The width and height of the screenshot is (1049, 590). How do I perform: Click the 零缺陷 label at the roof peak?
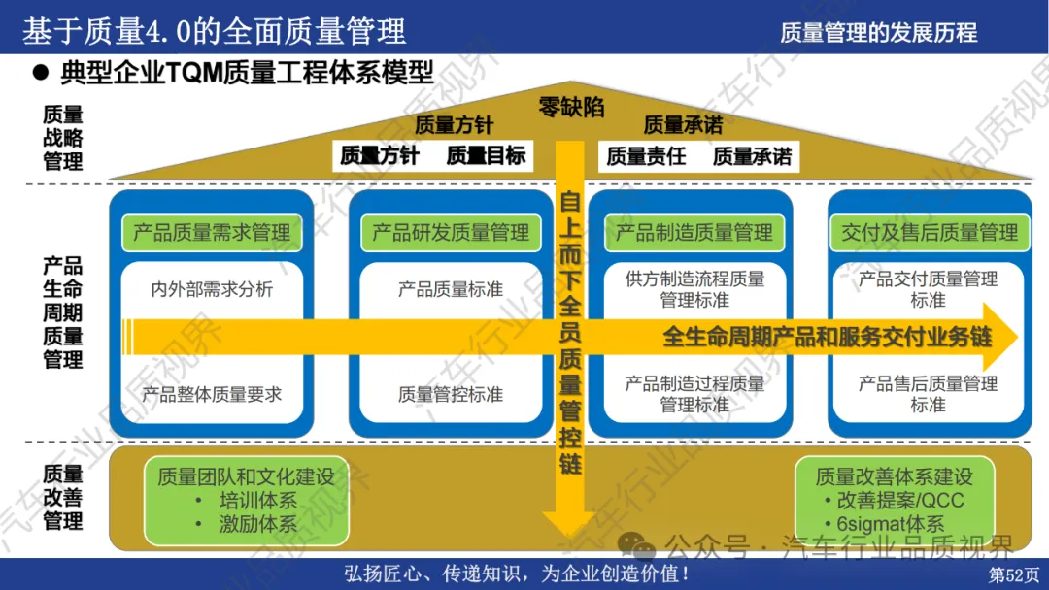click(x=571, y=108)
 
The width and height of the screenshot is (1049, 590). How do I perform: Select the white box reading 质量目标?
click(x=486, y=155)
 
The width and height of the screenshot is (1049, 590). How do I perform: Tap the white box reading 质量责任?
click(x=646, y=155)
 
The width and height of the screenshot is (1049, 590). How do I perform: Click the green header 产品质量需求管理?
click(x=212, y=233)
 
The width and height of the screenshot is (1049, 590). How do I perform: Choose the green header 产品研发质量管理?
click(x=451, y=233)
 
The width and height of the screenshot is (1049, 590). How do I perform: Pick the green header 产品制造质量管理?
click(x=694, y=233)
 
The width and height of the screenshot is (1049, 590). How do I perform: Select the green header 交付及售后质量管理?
click(x=930, y=233)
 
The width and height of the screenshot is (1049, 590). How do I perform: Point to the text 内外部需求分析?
click(x=212, y=289)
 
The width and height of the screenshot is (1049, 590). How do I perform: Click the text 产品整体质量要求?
click(x=212, y=394)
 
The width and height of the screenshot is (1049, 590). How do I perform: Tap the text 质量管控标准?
click(x=451, y=394)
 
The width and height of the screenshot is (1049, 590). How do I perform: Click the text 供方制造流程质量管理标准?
click(x=694, y=289)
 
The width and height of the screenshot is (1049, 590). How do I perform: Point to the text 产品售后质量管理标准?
click(x=928, y=394)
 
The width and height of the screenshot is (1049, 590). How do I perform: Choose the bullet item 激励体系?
click(x=256, y=524)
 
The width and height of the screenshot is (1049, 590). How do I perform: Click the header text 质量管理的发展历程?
click(x=878, y=32)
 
